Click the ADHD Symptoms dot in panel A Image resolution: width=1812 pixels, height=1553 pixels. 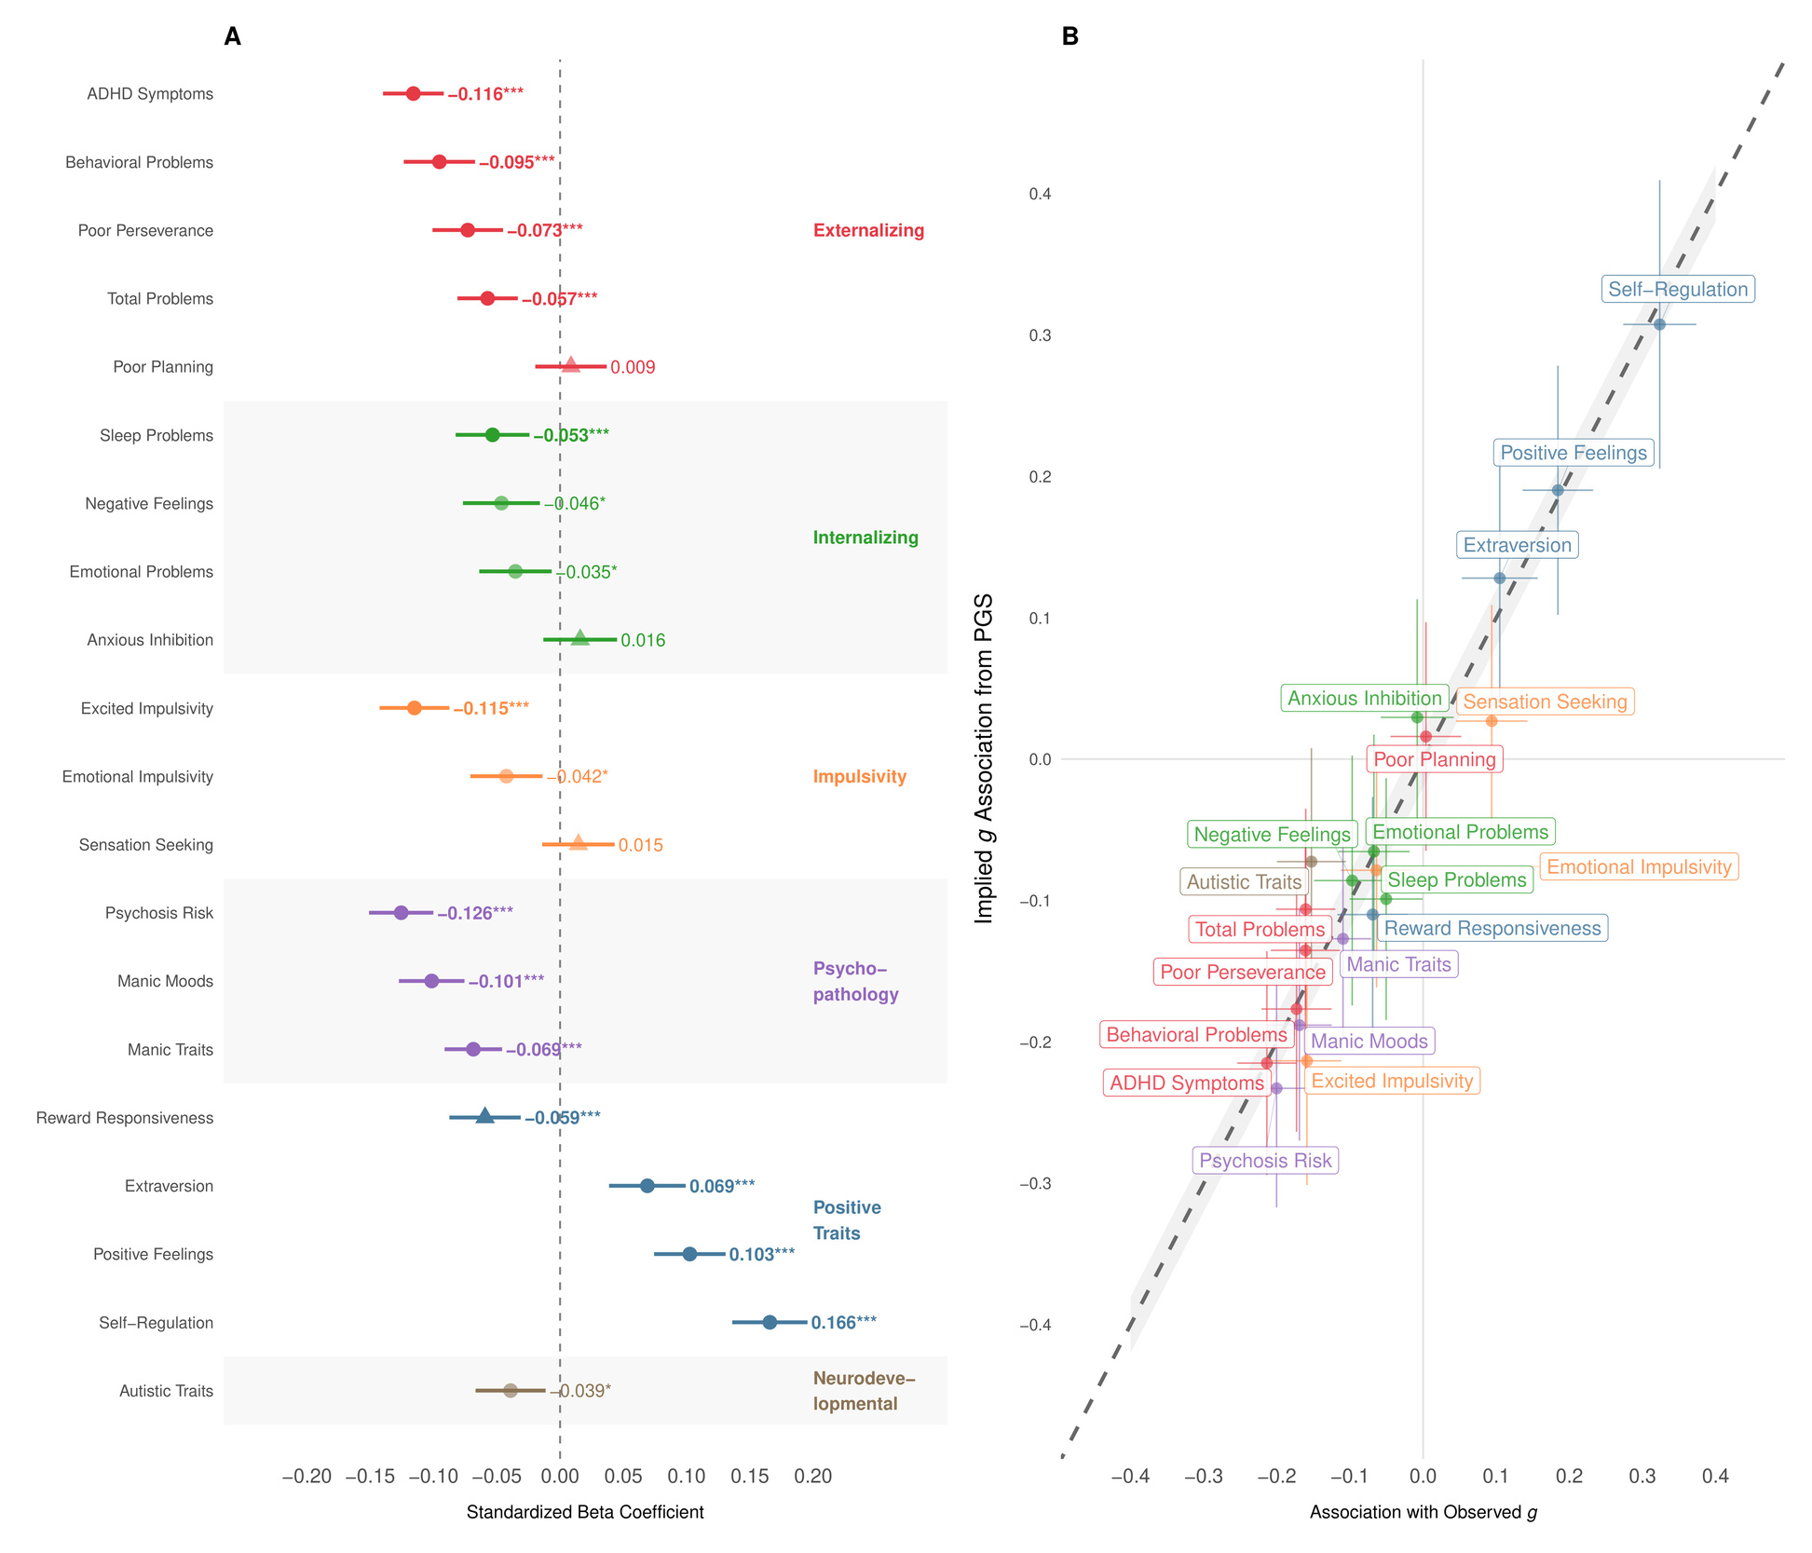(x=414, y=93)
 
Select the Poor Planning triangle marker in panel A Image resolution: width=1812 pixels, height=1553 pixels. (x=571, y=365)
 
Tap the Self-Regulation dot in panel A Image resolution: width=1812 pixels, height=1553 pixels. (x=770, y=1322)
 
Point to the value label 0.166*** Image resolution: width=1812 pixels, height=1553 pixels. (x=843, y=1323)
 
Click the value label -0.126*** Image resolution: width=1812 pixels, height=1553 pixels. (x=475, y=913)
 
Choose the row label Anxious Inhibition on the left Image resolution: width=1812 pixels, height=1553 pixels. (x=150, y=640)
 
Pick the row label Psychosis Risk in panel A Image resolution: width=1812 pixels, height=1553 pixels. (x=159, y=913)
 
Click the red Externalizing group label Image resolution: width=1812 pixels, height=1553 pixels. (x=868, y=230)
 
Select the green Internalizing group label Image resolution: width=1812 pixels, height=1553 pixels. (x=865, y=538)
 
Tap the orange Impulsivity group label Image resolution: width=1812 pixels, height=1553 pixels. (x=859, y=777)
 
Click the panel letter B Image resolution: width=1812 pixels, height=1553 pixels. (x=1070, y=36)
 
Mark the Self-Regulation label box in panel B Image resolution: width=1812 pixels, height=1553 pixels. (x=1678, y=290)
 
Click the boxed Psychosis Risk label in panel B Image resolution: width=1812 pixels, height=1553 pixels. (x=1265, y=1161)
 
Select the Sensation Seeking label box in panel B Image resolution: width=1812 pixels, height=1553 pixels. (x=1545, y=702)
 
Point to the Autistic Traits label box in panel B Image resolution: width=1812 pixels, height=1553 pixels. (x=1244, y=881)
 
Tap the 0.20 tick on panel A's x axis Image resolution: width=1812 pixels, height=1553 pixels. (x=813, y=1477)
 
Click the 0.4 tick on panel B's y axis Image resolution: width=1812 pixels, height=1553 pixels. (x=1040, y=194)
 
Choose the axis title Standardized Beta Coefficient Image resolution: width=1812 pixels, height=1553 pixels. (x=585, y=1512)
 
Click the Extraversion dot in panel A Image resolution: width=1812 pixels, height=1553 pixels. (x=647, y=1186)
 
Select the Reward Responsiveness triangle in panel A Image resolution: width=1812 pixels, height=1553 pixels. (x=484, y=1116)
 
